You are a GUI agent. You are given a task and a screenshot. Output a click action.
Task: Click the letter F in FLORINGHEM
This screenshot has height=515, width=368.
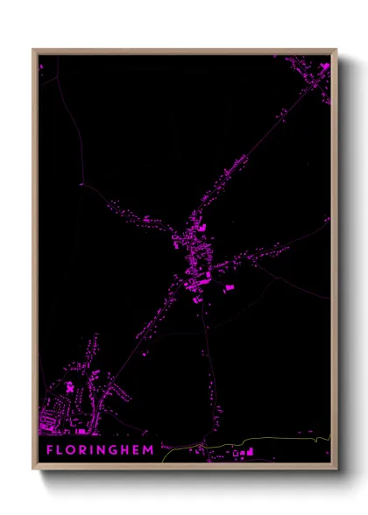point(50,450)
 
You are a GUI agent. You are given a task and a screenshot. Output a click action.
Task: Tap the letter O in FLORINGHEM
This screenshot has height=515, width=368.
point(74,450)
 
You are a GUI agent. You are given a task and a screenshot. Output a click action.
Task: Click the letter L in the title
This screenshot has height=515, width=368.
point(61,450)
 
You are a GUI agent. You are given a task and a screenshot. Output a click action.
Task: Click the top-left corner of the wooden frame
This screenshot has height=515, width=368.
point(34,50)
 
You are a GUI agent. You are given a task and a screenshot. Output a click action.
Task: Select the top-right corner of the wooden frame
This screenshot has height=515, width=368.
point(336,50)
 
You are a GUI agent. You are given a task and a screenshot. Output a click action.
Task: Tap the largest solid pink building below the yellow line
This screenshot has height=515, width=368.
point(251,452)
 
